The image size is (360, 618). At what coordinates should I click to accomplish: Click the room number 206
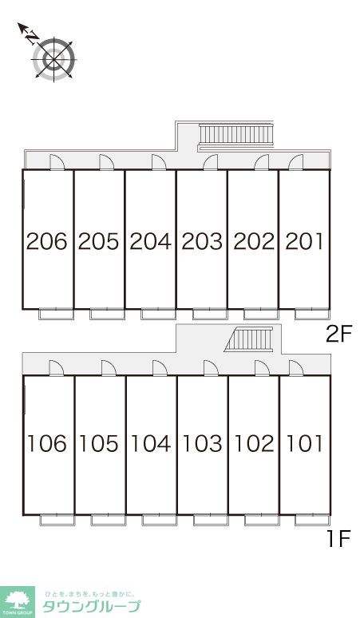pos(47,241)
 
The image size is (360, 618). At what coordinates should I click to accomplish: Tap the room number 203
pos(202,241)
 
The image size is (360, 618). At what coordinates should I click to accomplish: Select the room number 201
pos(304,241)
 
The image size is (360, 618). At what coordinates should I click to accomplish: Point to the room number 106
pos(47,443)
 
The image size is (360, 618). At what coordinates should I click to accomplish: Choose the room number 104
pos(150,443)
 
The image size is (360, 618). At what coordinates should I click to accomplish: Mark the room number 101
pos(304,443)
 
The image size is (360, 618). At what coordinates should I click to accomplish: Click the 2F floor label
pos(338,335)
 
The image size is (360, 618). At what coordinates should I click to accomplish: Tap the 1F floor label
pos(338,539)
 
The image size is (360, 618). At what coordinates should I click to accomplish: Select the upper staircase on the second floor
pos(235,137)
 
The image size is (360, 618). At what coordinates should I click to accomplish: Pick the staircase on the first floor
pos(249,339)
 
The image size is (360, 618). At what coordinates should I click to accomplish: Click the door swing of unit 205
pos(106,162)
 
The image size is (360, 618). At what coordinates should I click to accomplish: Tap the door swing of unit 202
pos(262,162)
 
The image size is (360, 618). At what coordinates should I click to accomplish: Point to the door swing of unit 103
pos(211,368)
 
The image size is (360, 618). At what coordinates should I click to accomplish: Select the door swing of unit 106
pos(57,368)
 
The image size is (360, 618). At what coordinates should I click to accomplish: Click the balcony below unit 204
pos(158,314)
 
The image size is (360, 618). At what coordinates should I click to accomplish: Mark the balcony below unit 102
pos(262,520)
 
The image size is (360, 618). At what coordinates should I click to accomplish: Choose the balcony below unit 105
pos(109,520)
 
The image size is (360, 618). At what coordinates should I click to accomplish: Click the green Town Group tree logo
pos(18,602)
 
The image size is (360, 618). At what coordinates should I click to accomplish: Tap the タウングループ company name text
pos(90,606)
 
